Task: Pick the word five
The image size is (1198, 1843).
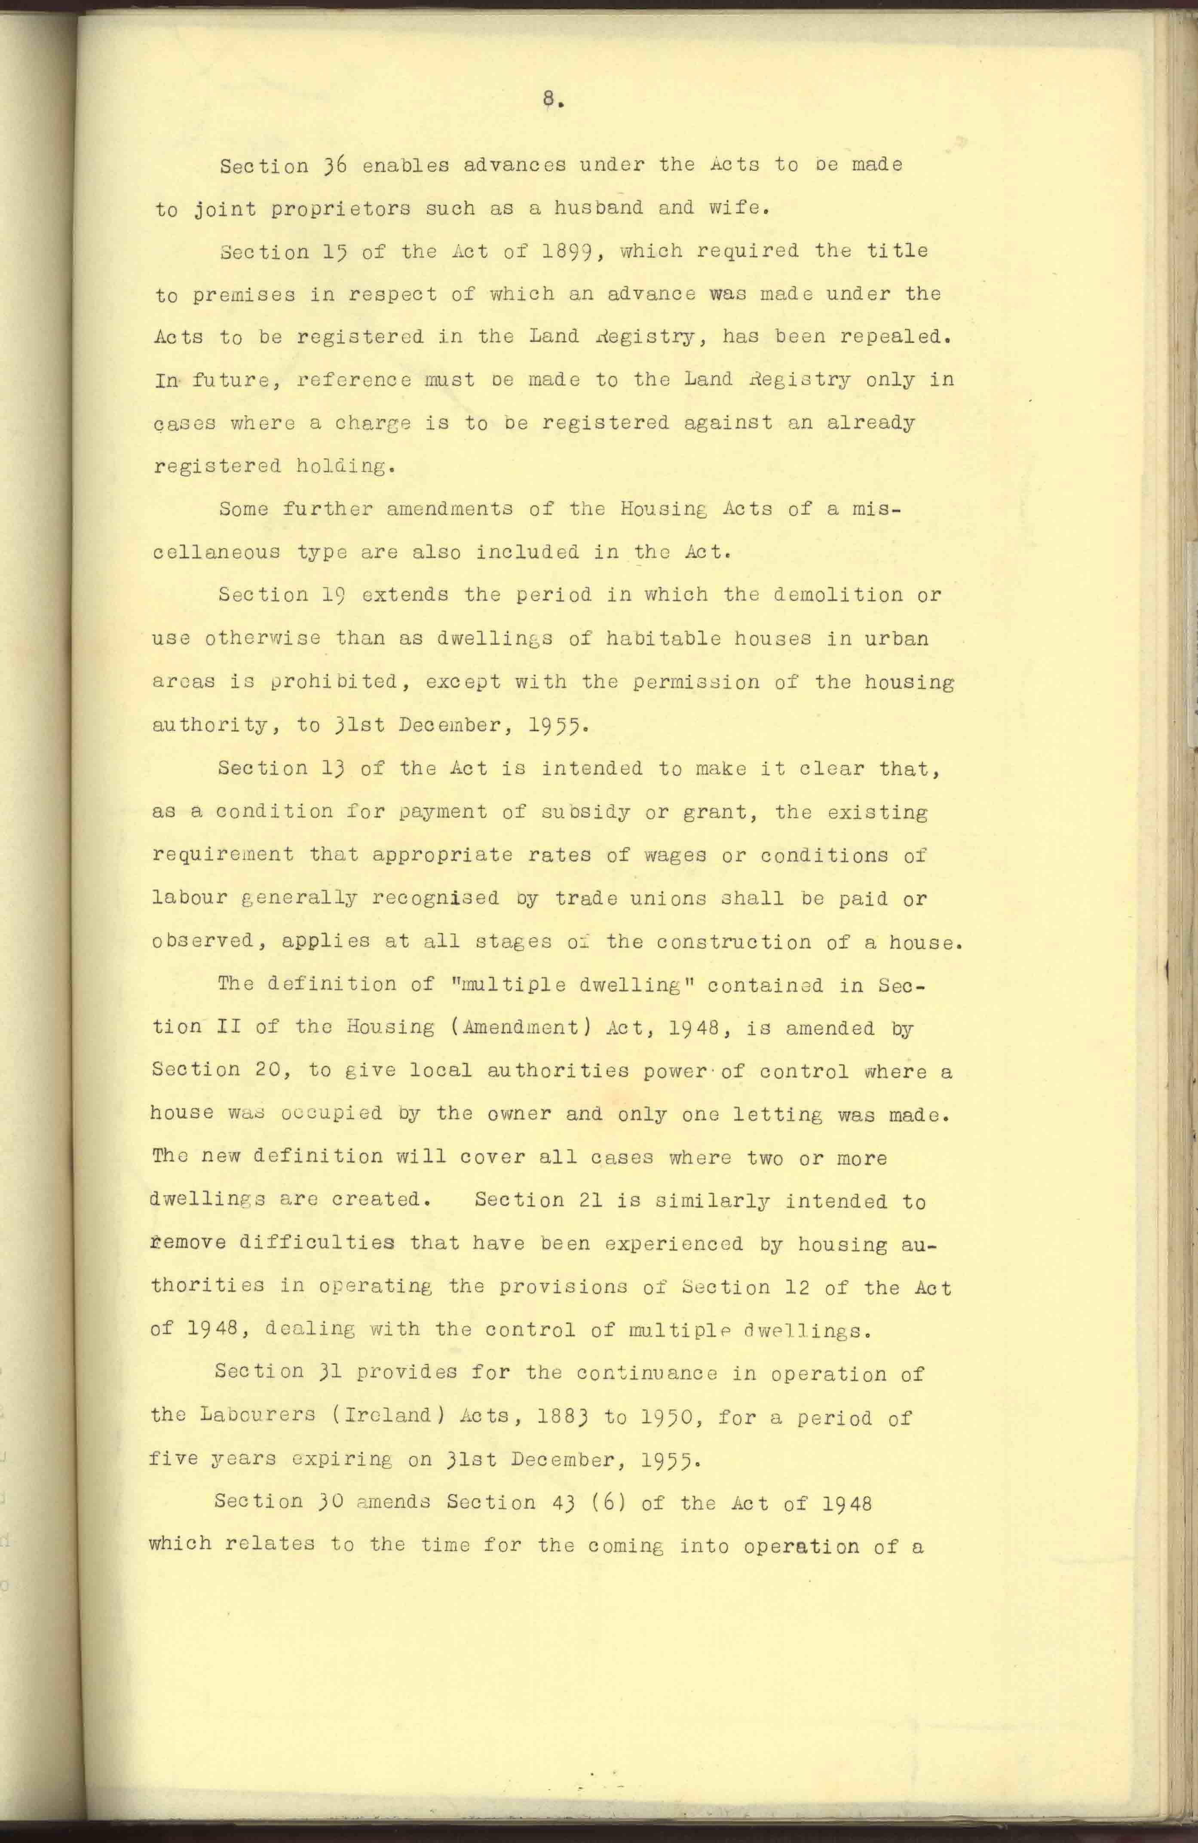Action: click(174, 1459)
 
